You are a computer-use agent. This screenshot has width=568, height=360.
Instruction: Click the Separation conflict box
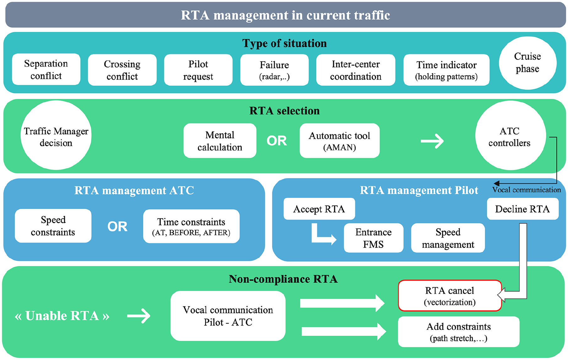point(46,69)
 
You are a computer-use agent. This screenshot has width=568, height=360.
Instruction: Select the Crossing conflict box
point(122,70)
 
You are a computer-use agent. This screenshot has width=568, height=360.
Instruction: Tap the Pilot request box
point(198,70)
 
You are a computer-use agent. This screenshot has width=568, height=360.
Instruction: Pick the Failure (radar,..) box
point(274,70)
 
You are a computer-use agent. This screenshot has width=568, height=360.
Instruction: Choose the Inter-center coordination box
point(355,70)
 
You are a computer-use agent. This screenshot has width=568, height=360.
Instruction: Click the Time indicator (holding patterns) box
point(446,70)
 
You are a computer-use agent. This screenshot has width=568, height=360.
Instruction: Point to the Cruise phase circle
point(527,63)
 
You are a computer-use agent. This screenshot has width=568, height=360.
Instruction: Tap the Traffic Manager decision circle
point(56,135)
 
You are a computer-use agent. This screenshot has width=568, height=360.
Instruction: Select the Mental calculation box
point(220,140)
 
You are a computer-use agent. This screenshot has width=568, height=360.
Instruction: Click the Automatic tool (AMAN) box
point(339,140)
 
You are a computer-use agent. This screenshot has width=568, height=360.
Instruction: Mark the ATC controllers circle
point(511,135)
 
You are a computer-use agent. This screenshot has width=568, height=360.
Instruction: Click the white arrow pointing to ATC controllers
point(432,141)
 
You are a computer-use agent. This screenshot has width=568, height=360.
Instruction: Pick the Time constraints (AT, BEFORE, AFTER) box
point(191,226)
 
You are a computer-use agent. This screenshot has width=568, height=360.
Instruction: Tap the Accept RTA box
point(319,209)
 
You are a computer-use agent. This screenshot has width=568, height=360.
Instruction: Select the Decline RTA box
point(523,209)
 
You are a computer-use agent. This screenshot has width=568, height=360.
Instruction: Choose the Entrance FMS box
point(374,238)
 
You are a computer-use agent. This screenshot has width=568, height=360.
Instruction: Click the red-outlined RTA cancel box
point(450,296)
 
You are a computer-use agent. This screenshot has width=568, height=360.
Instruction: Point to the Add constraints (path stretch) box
point(459,332)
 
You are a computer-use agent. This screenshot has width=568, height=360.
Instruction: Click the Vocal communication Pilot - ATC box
point(228,316)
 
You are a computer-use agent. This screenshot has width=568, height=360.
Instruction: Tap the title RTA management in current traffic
point(285,15)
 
